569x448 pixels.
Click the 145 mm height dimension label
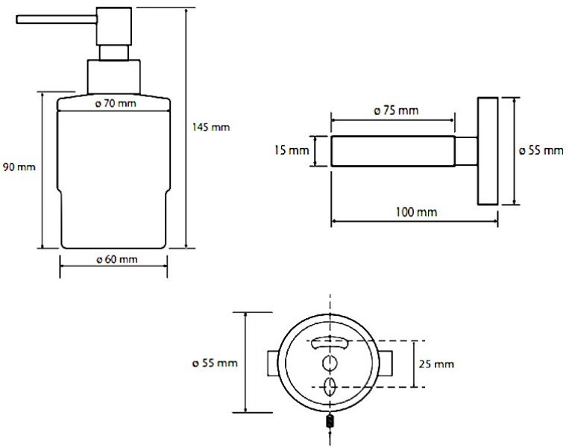(x=211, y=127)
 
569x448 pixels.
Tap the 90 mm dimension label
(x=19, y=167)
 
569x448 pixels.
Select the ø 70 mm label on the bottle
(x=116, y=104)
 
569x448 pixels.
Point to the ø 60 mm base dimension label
(x=117, y=259)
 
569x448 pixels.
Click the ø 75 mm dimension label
(x=396, y=111)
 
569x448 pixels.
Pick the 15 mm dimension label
(x=292, y=150)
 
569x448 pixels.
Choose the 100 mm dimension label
(x=416, y=212)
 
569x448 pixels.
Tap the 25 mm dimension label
(x=436, y=364)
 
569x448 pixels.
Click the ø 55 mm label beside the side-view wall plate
(x=541, y=150)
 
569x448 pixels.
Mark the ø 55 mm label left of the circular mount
(x=215, y=363)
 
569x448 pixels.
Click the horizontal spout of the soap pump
(x=57, y=19)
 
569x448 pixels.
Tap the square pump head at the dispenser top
(x=114, y=26)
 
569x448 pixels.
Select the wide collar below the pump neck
(x=114, y=77)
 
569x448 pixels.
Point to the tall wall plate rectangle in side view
(x=488, y=151)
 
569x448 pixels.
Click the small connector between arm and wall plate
(x=466, y=151)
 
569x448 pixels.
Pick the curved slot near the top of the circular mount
(x=330, y=342)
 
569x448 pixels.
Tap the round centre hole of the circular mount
(x=330, y=364)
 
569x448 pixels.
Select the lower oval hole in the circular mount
(x=330, y=387)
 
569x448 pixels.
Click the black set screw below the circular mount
(x=330, y=421)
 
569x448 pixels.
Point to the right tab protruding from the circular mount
(x=386, y=364)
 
